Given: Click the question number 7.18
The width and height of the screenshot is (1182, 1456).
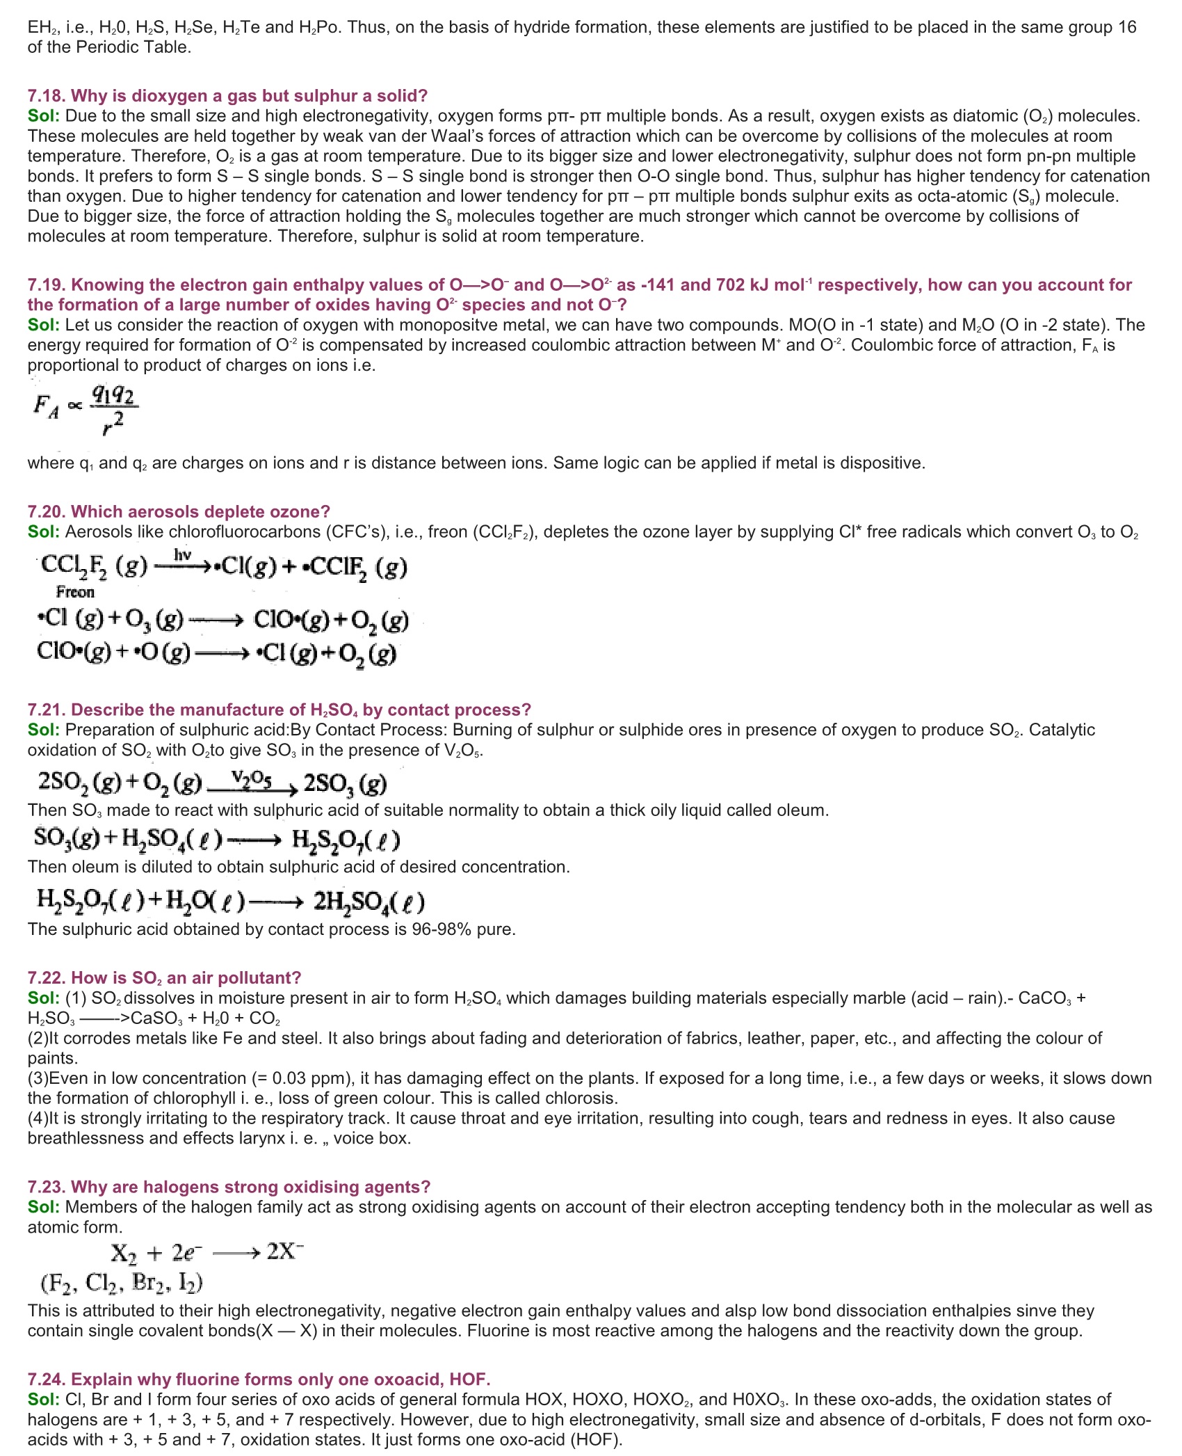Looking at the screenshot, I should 47,96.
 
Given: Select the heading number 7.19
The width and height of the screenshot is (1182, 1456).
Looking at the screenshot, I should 47,285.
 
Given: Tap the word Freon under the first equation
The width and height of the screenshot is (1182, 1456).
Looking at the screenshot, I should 75,592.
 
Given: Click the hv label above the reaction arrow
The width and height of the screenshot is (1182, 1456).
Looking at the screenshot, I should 183,554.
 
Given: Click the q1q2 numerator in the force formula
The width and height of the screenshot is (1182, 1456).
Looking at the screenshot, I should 114,396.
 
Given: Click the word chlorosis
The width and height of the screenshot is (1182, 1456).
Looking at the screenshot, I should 583,1098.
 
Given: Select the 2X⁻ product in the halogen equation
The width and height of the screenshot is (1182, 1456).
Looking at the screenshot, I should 285,1251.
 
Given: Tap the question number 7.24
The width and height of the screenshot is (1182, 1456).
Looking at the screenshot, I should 47,1379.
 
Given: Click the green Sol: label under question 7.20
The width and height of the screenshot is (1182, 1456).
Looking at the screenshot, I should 44,532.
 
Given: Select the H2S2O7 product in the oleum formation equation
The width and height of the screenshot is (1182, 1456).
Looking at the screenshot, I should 346,840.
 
